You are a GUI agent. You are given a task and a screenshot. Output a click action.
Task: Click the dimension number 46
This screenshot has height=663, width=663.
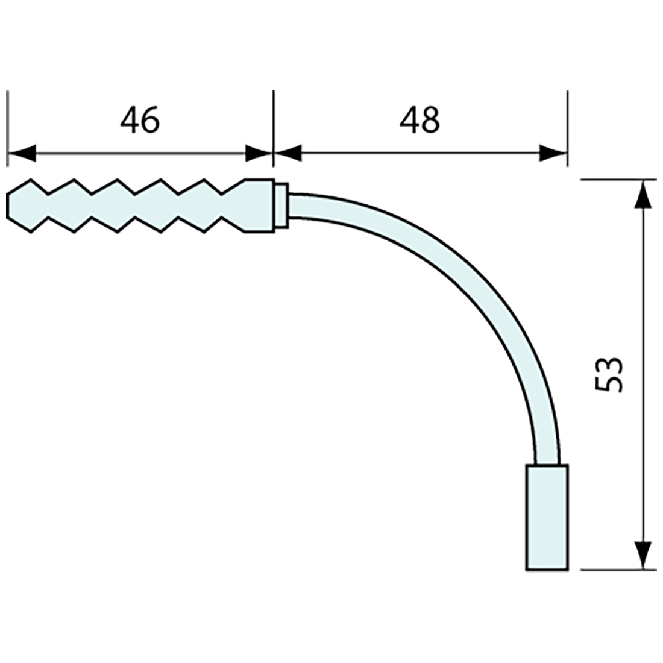[140, 120]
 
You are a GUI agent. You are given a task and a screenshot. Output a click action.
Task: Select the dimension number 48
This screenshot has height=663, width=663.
[420, 120]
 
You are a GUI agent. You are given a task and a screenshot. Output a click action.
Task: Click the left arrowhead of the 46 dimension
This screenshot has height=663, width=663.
[22, 153]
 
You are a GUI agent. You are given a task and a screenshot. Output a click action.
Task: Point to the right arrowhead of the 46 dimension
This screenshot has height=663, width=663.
[259, 153]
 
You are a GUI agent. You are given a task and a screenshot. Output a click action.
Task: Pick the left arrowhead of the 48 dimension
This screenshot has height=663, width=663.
[288, 153]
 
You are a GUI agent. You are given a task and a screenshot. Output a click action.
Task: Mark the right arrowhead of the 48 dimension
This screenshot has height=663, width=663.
[552, 153]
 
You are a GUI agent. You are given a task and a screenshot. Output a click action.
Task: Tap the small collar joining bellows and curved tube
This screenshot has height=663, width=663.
[281, 205]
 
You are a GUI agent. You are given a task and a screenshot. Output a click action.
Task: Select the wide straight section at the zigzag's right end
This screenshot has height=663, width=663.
[259, 205]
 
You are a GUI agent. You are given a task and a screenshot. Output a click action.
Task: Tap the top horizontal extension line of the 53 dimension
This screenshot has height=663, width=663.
[615, 180]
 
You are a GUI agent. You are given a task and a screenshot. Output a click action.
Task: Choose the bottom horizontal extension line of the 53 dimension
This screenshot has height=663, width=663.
[615, 570]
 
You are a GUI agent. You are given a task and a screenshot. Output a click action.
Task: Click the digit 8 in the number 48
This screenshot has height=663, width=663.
[431, 120]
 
